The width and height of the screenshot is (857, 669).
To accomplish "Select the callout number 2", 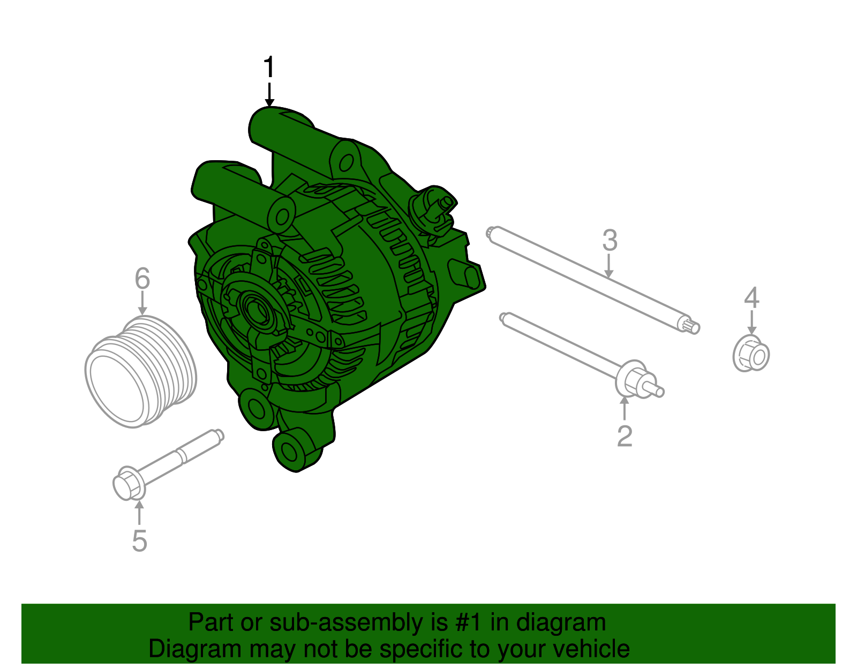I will point(625,436).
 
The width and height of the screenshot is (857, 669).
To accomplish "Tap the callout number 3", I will point(610,240).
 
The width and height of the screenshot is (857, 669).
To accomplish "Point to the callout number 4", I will point(751,298).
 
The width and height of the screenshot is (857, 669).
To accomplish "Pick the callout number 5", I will point(139,540).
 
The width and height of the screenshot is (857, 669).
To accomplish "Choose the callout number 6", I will point(142,279).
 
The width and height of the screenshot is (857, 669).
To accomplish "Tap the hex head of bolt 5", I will point(128,483).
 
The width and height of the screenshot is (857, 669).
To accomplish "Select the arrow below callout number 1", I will point(269,95).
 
